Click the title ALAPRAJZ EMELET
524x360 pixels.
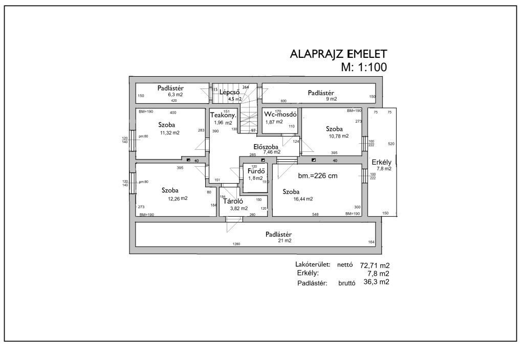(338, 54)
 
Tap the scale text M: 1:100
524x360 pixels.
(364, 67)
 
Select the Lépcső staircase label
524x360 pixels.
(229, 92)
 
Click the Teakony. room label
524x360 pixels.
(223, 115)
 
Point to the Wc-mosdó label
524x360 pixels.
(280, 114)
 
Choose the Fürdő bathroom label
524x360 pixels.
(256, 171)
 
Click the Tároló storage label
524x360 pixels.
(233, 201)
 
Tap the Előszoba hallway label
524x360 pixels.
(266, 147)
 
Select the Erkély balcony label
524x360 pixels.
(382, 163)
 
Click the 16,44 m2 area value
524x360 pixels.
(303, 199)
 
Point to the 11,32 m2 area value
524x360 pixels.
(170, 132)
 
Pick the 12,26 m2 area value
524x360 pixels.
(178, 198)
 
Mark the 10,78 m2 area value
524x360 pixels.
(339, 136)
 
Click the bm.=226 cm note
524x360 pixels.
(318, 176)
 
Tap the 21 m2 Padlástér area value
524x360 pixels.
(285, 240)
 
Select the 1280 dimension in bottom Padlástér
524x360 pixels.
(236, 244)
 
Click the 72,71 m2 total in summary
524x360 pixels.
(375, 266)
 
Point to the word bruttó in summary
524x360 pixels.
(346, 283)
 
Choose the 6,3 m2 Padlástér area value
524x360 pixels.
(176, 95)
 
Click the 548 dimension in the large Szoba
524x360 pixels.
(315, 214)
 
